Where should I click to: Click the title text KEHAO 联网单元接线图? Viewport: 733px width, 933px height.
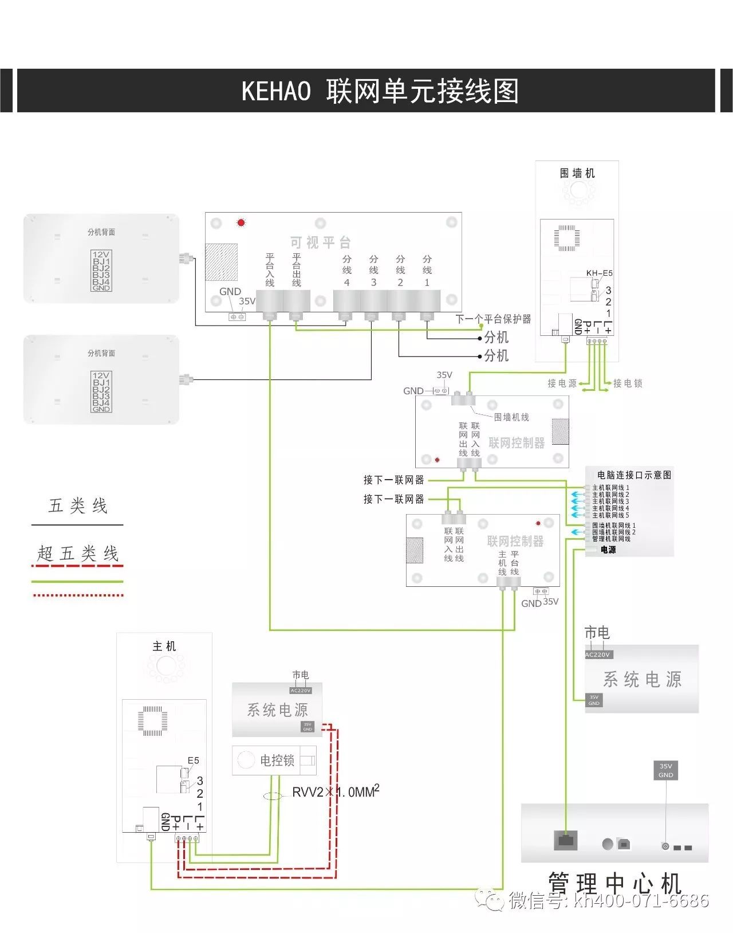380,91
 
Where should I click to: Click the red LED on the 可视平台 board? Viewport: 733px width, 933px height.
241,222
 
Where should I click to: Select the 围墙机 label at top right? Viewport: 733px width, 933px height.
577,173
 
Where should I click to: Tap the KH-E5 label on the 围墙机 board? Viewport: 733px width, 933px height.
599,273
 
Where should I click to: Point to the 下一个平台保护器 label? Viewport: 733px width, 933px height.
493,319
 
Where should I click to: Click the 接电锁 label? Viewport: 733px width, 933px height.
628,383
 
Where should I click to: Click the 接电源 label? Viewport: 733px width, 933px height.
562,383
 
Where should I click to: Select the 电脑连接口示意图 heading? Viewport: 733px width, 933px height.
634,475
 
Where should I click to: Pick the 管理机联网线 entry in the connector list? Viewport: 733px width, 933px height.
611,539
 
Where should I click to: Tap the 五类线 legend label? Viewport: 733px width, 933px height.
78,505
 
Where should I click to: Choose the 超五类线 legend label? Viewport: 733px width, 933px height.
78,553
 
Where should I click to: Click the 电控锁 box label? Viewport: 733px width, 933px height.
277,760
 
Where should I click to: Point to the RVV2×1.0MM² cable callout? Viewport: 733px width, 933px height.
336,792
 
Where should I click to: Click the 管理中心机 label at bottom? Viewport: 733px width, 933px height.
614,883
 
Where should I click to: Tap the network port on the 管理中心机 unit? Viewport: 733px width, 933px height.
565,840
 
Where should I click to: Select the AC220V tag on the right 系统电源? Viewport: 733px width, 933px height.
598,654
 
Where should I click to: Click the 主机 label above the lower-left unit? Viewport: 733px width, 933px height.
164,646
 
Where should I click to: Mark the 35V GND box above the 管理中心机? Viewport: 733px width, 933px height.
665,770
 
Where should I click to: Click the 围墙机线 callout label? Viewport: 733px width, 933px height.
511,417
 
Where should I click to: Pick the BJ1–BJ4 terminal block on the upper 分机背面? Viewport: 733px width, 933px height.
101,271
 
